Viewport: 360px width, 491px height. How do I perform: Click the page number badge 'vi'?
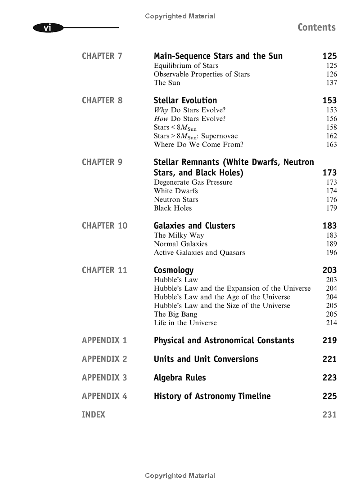point(47,28)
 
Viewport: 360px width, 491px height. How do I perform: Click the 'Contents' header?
point(316,27)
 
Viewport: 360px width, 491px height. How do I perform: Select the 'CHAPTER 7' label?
point(102,56)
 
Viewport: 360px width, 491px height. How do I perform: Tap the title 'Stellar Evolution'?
point(185,101)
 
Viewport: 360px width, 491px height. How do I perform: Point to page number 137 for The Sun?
point(331,83)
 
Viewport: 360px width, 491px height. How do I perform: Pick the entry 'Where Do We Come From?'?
point(198,145)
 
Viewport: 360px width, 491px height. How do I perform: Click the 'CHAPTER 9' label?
point(102,162)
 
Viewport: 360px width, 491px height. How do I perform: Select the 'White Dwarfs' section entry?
point(176,191)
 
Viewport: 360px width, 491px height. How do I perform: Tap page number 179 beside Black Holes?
point(331,208)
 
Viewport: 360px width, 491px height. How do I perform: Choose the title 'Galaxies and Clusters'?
point(194,226)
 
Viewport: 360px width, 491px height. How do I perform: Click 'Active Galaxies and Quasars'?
point(199,252)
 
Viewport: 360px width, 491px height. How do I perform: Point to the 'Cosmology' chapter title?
point(174,270)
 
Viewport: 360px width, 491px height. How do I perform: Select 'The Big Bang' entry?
point(175,314)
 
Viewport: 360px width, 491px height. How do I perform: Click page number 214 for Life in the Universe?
point(331,323)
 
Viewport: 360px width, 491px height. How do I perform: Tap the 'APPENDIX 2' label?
point(104,359)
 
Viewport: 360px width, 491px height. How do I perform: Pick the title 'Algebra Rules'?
point(180,378)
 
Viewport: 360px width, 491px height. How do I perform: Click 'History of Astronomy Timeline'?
point(212,396)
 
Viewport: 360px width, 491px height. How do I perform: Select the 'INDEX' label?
point(93,415)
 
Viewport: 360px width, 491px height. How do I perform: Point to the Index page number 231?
point(329,415)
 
